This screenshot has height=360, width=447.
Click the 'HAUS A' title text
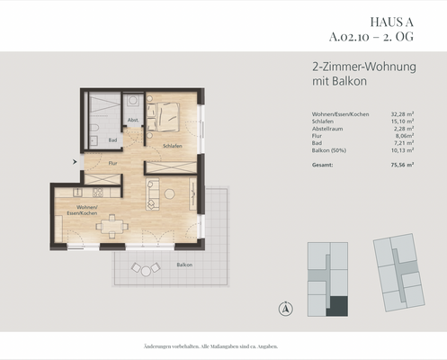tap(392, 22)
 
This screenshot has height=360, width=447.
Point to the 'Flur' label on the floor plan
tap(112, 164)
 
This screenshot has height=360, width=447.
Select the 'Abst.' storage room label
tap(132, 120)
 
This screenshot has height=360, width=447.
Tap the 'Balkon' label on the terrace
tap(184, 265)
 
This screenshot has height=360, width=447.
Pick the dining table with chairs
tap(111, 225)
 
